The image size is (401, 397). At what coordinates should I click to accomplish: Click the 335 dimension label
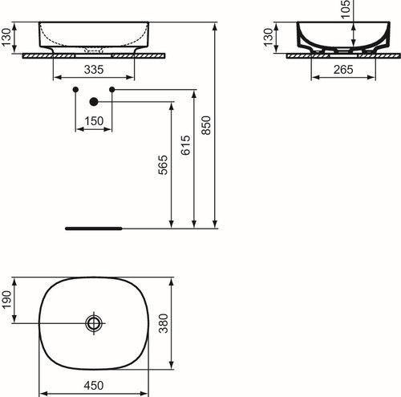pyautogui.click(x=94, y=70)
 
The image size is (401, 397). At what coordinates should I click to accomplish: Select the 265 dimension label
pyautogui.click(x=343, y=70)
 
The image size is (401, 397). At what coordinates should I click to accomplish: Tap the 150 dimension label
pyautogui.click(x=94, y=121)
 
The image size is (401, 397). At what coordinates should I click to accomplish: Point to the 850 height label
pyautogui.click(x=206, y=125)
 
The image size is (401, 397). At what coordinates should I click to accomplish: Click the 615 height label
pyautogui.click(x=185, y=145)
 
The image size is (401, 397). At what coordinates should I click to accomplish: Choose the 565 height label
pyautogui.click(x=163, y=165)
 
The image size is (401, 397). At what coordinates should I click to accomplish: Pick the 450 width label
pyautogui.click(x=94, y=386)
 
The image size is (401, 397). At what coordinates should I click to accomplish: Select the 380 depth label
pyautogui.click(x=164, y=323)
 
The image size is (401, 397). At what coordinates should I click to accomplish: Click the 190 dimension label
pyautogui.click(x=6, y=300)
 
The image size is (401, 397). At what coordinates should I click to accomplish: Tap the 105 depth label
pyautogui.click(x=346, y=10)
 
